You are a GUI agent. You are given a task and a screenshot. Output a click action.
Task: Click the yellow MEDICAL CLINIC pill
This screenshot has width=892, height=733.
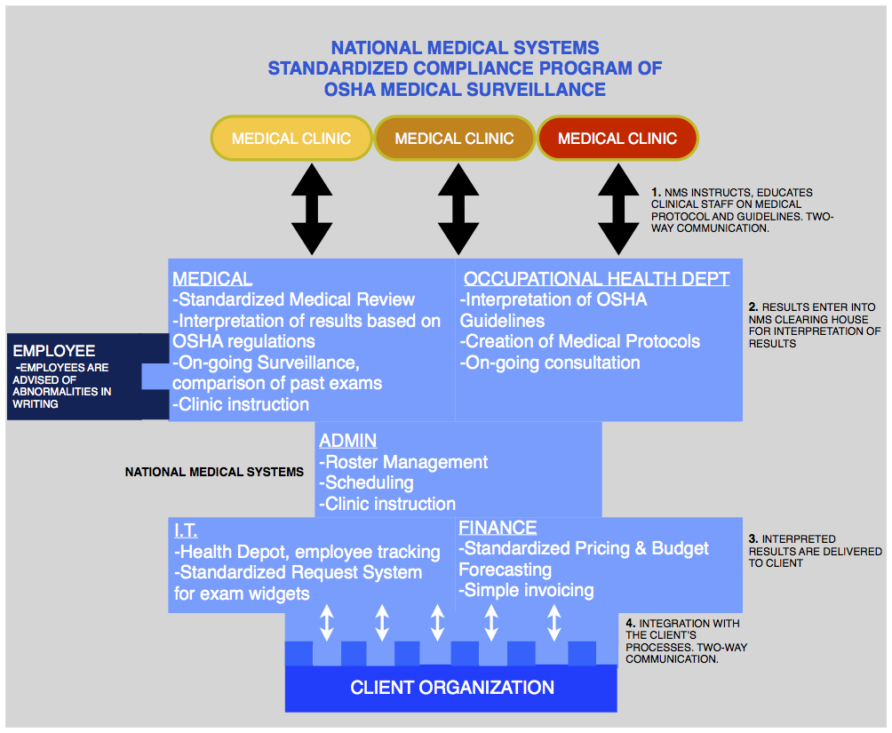(x=291, y=139)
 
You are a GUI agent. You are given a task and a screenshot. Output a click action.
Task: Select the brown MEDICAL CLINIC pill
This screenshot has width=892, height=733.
(x=454, y=139)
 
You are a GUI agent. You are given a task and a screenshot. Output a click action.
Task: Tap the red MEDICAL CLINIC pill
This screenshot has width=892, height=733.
(x=617, y=139)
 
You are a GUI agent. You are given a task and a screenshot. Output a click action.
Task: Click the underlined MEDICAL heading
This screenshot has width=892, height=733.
(x=212, y=279)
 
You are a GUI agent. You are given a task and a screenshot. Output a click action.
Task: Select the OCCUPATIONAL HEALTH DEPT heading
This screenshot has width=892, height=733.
(x=596, y=279)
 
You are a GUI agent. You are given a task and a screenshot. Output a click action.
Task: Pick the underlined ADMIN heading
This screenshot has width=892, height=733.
(x=347, y=441)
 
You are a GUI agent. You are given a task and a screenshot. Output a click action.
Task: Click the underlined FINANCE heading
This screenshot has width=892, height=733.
(x=498, y=528)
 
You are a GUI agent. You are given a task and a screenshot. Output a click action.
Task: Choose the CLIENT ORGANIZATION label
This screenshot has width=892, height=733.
(x=452, y=688)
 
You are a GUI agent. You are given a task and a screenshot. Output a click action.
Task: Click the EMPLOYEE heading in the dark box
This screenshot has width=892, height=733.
(x=54, y=351)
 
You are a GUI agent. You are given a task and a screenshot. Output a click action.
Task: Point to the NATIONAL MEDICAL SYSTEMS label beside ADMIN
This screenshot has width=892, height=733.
(x=214, y=472)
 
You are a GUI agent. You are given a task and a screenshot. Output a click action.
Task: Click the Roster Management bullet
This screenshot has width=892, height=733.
(x=403, y=462)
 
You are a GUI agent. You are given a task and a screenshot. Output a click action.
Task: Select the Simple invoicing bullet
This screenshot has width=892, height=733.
(x=526, y=590)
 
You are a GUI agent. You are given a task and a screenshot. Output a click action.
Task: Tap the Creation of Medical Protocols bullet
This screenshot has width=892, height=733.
(x=579, y=341)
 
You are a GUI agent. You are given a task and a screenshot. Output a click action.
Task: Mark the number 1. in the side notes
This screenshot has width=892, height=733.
(x=656, y=192)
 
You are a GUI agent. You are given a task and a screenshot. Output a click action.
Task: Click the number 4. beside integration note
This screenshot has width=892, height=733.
(x=630, y=624)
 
